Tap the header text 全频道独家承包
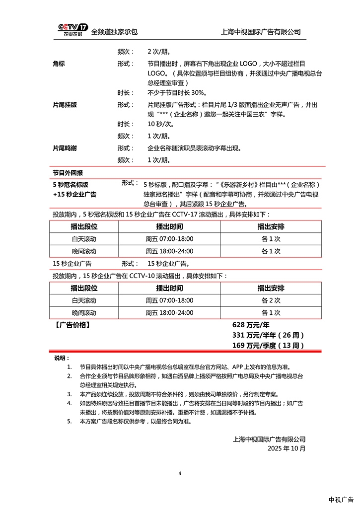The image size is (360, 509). coord(114,32)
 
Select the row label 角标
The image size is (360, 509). coord(59,64)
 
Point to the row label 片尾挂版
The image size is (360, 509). coord(65,105)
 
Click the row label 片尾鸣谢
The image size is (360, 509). coord(65,148)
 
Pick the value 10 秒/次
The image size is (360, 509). coord(159,124)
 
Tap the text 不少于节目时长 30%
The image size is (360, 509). coord(177,93)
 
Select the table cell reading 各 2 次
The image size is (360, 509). coord(271,300)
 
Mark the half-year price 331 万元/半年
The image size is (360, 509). coord(268,335)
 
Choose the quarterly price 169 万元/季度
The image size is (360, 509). coord(268,346)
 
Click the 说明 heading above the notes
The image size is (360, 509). coord(62,358)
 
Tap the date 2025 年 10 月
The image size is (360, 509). coord(287,448)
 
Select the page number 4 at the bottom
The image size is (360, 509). coord(180,473)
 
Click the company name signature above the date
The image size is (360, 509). coord(269,439)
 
